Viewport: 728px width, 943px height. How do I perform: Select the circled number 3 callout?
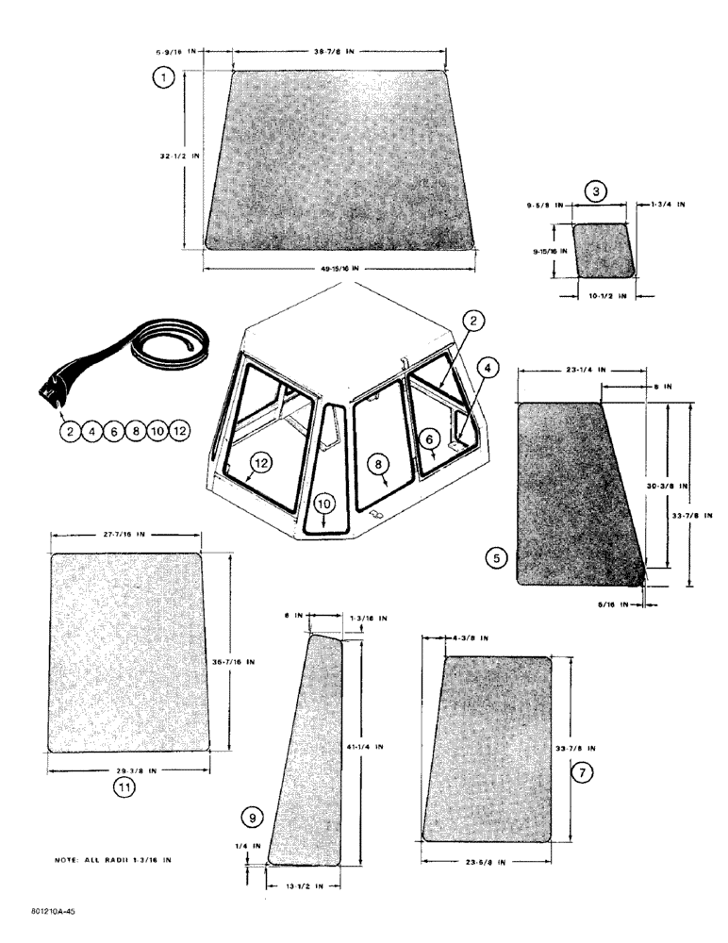pyautogui.click(x=596, y=192)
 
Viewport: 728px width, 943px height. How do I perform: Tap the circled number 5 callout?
pyautogui.click(x=496, y=558)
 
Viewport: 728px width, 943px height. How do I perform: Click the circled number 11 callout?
pyautogui.click(x=124, y=790)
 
